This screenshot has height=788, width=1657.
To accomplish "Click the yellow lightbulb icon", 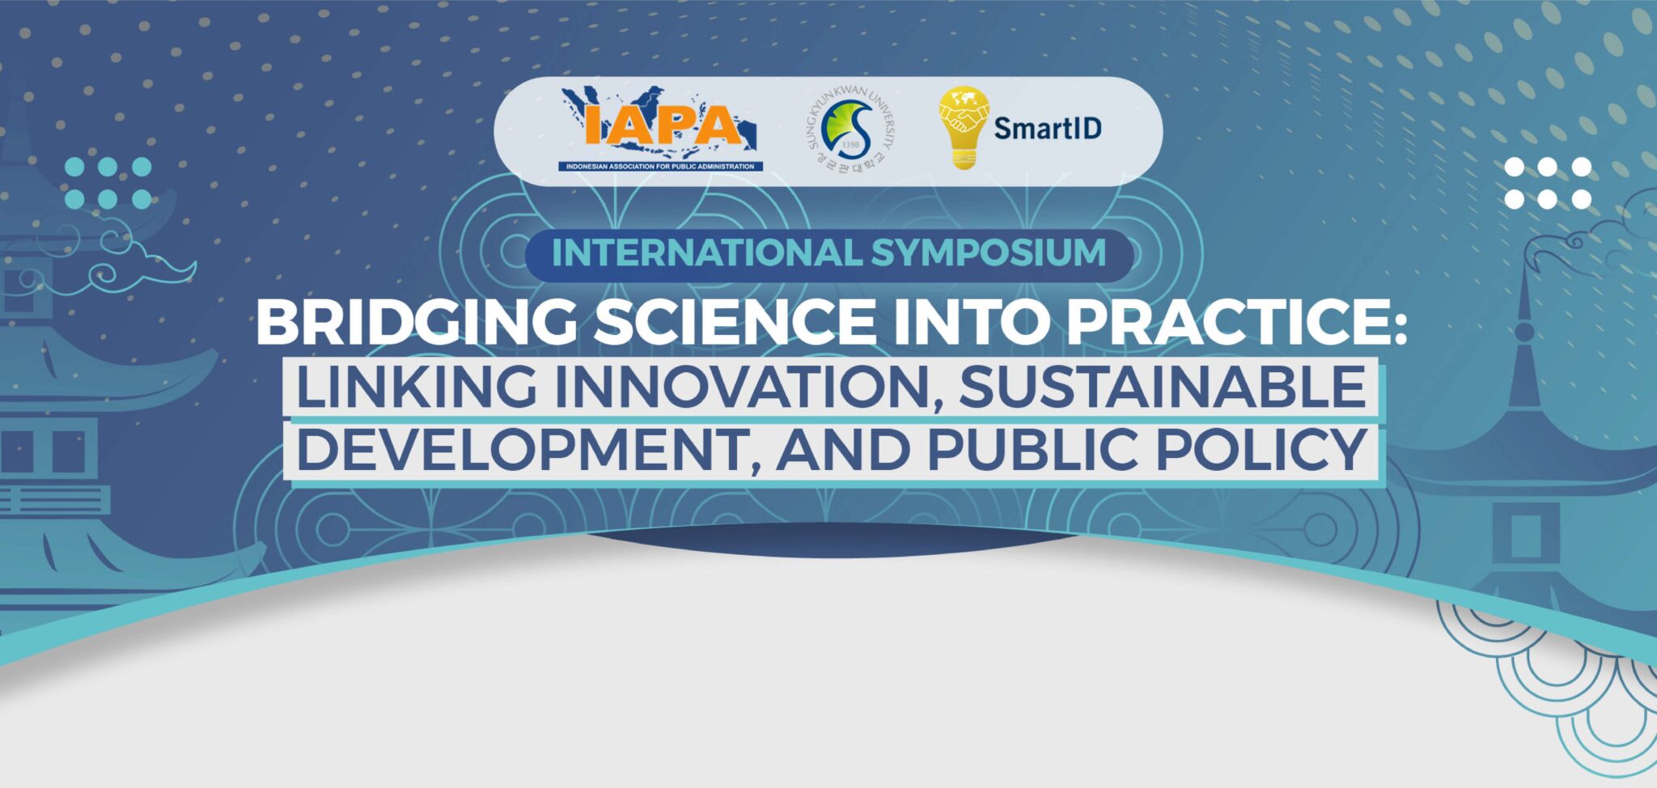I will point(963,128).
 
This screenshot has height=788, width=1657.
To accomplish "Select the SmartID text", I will point(1048,128).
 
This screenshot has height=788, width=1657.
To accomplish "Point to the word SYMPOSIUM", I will point(989,252).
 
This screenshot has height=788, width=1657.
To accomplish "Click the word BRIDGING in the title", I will point(417,322).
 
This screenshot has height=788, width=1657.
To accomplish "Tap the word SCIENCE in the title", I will point(735,322).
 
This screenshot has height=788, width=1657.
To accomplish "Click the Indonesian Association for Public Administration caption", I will point(659,167).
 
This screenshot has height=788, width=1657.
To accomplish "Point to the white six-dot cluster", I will point(1548,183).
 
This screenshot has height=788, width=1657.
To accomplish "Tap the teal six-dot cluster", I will point(108,183).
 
